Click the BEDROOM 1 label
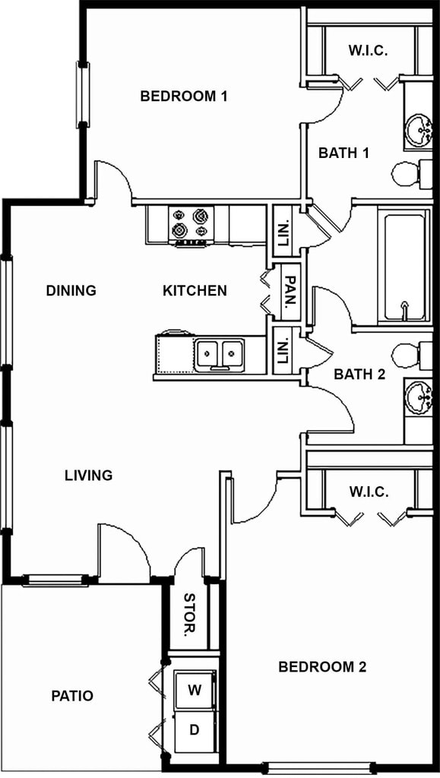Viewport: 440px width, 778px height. point(184,96)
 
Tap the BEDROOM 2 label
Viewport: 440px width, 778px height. point(322,667)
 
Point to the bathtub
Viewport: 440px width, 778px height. point(404,267)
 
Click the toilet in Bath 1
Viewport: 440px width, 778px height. point(410,174)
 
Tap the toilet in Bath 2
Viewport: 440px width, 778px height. point(410,355)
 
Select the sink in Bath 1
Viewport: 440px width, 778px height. point(419,130)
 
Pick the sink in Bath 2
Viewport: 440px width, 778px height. point(419,397)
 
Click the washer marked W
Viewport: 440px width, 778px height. point(195,691)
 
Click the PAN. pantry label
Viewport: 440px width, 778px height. point(290,289)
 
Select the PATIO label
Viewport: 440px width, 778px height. point(72,695)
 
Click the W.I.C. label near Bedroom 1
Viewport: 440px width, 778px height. point(369,51)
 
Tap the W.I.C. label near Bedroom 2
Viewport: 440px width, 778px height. point(369,492)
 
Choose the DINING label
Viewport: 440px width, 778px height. point(71,290)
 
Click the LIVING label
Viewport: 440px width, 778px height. point(88,476)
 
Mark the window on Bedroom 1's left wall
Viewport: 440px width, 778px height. point(82,95)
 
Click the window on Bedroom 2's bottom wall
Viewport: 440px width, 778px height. point(318,767)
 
